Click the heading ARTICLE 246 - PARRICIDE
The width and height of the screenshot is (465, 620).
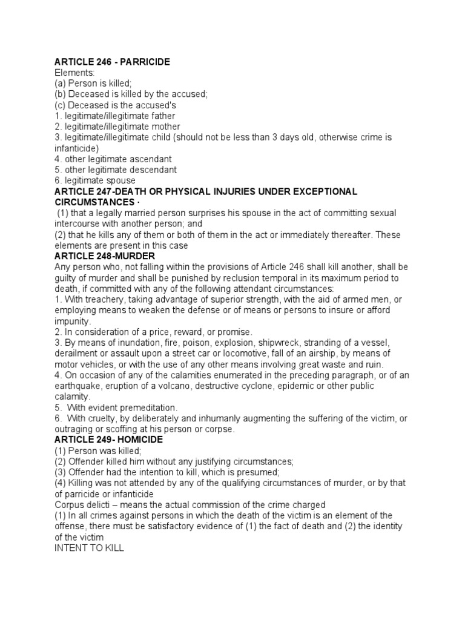click(x=112, y=62)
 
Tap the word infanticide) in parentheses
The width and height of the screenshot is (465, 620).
click(x=76, y=148)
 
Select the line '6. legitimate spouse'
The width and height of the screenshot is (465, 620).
click(x=95, y=180)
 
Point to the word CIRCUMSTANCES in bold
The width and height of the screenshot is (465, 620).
click(x=93, y=202)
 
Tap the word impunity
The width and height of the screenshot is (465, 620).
click(x=72, y=321)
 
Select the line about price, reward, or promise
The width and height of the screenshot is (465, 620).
click(x=153, y=332)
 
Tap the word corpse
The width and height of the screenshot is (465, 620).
click(x=219, y=429)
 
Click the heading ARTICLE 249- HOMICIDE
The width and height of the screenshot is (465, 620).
click(x=108, y=440)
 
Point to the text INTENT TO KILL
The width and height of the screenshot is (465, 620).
click(x=89, y=548)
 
